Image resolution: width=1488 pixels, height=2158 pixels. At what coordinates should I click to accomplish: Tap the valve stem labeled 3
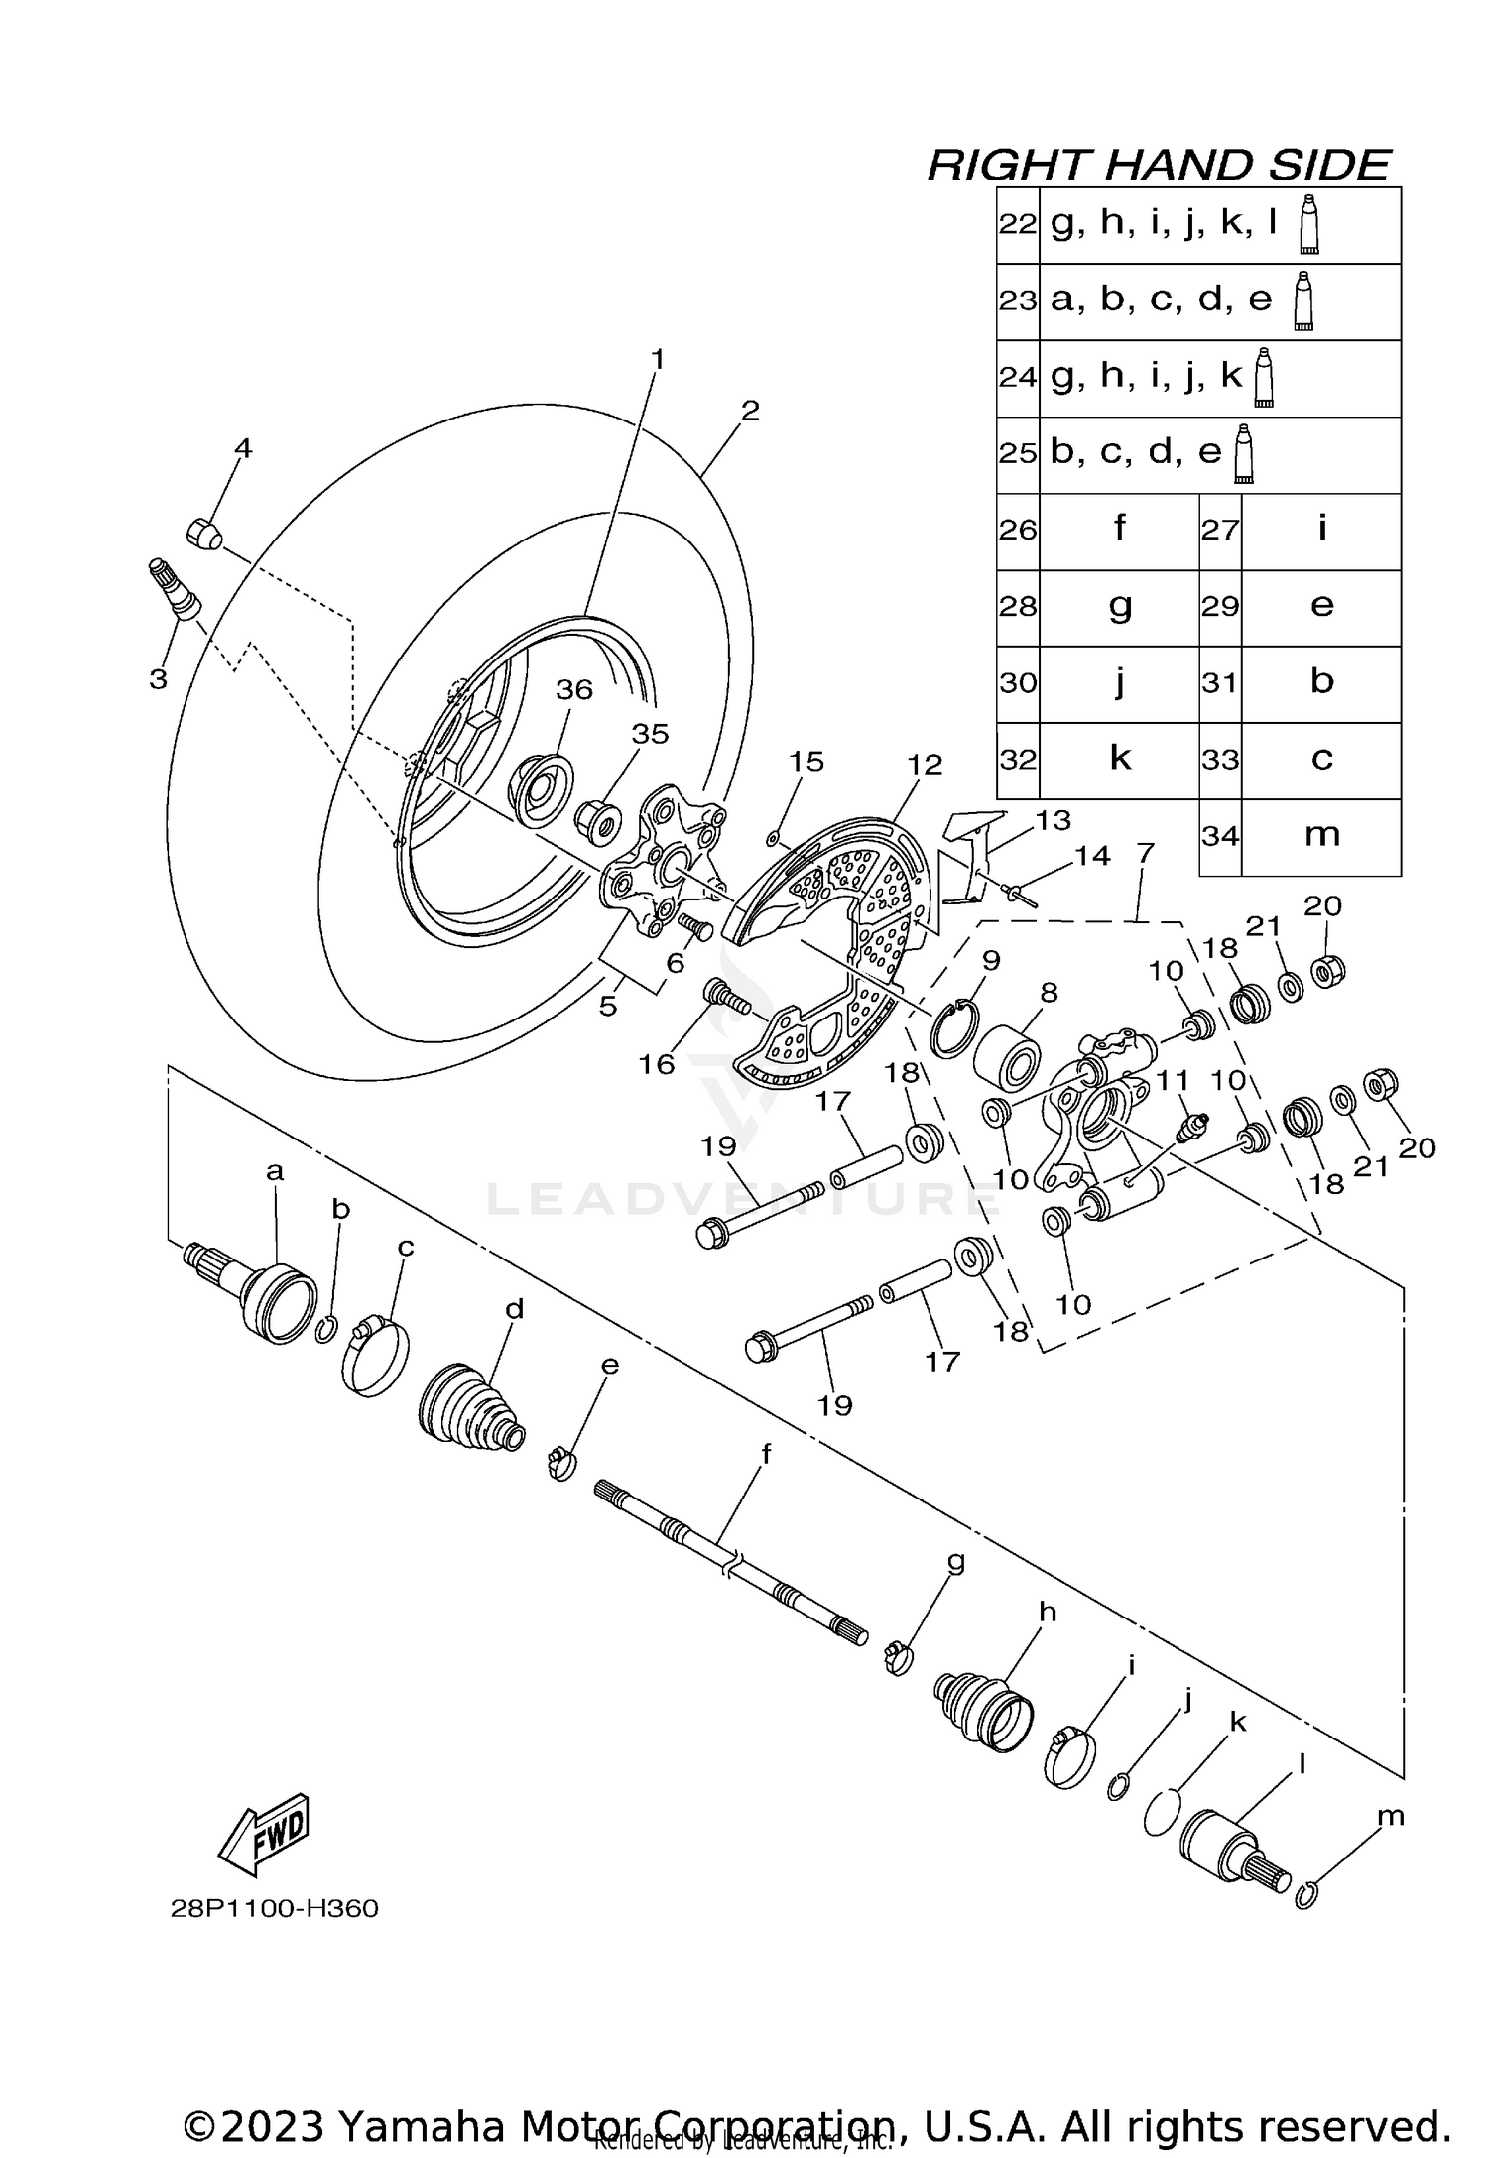175,590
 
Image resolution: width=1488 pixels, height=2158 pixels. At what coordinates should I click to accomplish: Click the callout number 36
573,689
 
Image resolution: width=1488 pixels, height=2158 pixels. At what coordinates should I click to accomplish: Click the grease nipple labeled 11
1189,1128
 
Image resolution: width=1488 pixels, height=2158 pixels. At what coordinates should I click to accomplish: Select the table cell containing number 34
1220,836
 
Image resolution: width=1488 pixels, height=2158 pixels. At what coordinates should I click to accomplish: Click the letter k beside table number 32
1119,758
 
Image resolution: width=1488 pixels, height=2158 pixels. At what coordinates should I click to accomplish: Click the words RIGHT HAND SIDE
1159,165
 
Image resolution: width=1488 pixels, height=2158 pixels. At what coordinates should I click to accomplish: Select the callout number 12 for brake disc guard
924,765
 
